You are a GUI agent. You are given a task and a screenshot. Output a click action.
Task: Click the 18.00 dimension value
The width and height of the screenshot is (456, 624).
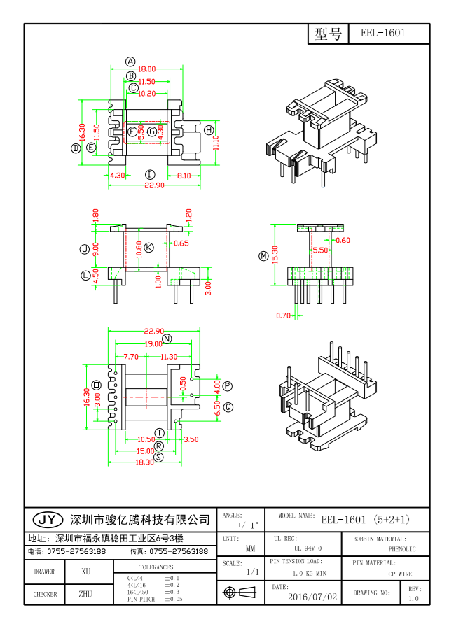pyautogui.click(x=146, y=69)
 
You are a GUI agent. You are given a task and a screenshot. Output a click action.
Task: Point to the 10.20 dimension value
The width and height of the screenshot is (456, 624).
pyautogui.click(x=146, y=93)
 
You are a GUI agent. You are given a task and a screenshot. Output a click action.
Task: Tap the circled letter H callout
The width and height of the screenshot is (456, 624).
pyautogui.click(x=209, y=130)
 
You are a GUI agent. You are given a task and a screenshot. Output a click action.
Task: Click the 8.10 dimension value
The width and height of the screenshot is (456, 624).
pyautogui.click(x=184, y=176)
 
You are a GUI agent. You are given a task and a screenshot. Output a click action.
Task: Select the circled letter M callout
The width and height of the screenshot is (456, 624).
pyautogui.click(x=263, y=256)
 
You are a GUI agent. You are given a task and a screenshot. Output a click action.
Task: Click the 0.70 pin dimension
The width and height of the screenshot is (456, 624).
pyautogui.click(x=283, y=315)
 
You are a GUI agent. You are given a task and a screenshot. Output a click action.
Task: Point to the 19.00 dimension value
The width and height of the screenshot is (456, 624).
pyautogui.click(x=153, y=344)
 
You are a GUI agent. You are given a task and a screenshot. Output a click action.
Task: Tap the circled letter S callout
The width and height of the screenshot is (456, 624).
pyautogui.click(x=159, y=457)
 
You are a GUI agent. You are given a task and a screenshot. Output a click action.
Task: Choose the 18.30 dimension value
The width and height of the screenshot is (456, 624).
pyautogui.click(x=144, y=462)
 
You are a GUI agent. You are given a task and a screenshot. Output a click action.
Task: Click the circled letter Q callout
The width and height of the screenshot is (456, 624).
pyautogui.click(x=228, y=406)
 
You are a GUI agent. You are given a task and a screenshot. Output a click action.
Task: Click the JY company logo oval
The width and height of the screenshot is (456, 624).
pyautogui.click(x=47, y=519)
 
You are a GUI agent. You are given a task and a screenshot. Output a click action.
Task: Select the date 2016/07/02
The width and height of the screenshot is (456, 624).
pyautogui.click(x=312, y=597)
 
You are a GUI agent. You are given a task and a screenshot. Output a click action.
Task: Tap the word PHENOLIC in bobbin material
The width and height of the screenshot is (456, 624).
pyautogui.click(x=401, y=549)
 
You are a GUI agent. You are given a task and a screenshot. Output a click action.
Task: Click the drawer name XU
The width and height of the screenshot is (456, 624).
pyautogui.click(x=86, y=572)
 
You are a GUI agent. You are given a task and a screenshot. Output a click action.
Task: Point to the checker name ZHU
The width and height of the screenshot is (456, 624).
pyautogui.click(x=86, y=594)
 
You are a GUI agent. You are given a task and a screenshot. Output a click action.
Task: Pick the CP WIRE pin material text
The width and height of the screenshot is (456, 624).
pyautogui.click(x=400, y=574)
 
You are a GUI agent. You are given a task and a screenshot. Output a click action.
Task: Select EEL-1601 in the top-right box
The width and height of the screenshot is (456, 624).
pyautogui.click(x=382, y=33)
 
